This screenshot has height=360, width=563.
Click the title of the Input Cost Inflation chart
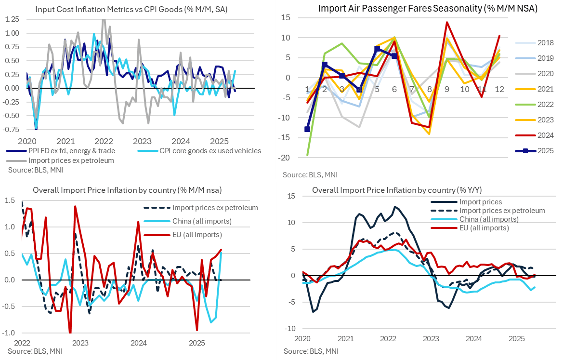pos(132,8)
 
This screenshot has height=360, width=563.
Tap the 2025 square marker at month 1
pos(307,129)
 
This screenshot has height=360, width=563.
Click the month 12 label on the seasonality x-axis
pos(499,90)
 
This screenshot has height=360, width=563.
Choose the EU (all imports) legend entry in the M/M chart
pos(197,235)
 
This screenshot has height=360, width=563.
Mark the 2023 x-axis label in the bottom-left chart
pos(80,343)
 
